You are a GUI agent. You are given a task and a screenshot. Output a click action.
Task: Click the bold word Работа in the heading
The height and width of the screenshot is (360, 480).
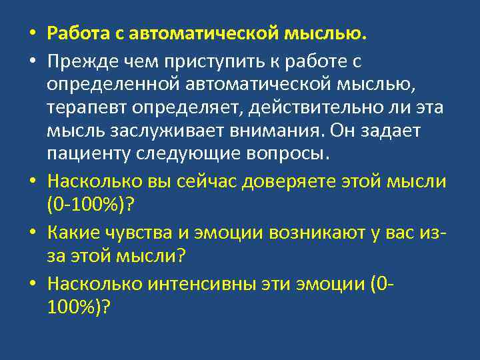(x=80, y=33)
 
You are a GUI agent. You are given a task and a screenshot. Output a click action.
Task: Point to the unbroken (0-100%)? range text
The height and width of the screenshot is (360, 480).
(x=91, y=205)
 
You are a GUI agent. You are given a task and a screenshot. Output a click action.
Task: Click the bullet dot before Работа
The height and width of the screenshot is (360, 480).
(x=32, y=33)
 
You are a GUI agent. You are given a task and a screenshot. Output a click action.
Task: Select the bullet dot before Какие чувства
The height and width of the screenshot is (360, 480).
(x=32, y=233)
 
